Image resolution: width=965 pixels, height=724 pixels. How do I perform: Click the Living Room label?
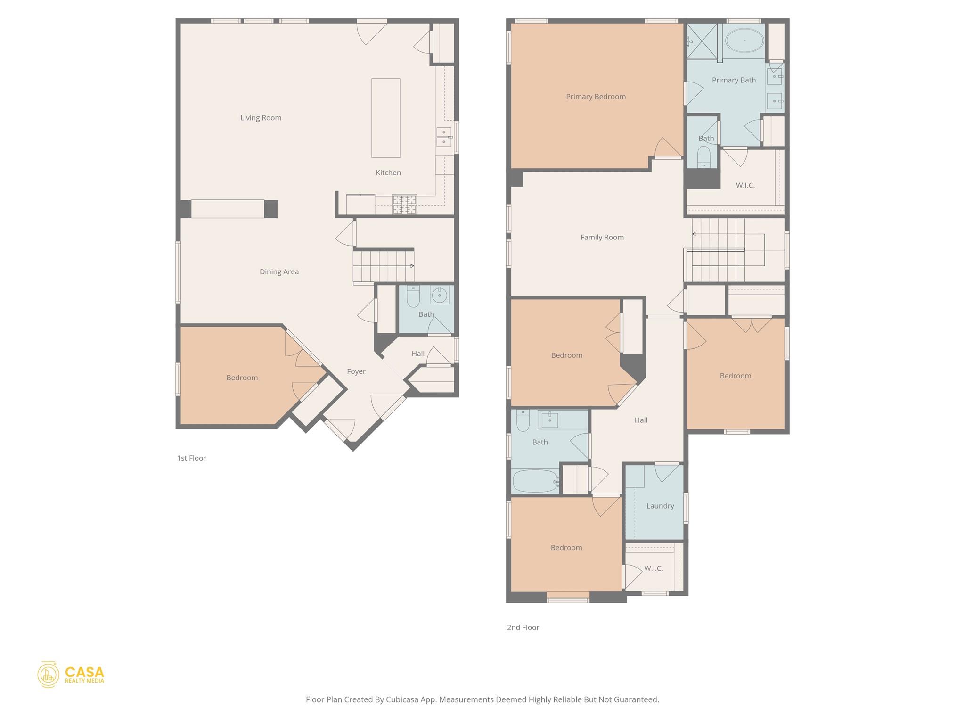(261, 118)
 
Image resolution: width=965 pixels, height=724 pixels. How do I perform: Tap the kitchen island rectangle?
(385, 118)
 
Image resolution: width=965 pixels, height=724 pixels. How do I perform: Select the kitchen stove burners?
(405, 204)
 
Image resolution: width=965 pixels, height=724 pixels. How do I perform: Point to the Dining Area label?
(279, 272)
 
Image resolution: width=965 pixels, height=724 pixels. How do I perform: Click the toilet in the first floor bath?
(413, 296)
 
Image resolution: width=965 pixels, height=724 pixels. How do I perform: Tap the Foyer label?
(356, 371)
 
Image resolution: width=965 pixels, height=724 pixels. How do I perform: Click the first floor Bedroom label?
(242, 378)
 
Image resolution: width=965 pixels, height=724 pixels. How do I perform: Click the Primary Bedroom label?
(596, 97)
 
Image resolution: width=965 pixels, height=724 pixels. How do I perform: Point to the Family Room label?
(602, 237)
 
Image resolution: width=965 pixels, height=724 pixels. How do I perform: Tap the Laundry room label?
(660, 506)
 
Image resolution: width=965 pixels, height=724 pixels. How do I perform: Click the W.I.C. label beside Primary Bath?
(745, 186)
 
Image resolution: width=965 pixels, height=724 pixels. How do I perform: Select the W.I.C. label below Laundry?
(653, 568)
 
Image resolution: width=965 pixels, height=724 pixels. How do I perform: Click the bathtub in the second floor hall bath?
(534, 481)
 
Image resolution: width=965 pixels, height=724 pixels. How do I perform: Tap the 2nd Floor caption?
(523, 627)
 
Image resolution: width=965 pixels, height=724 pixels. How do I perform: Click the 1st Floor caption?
(191, 458)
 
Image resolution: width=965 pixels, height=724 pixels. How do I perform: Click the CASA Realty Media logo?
(71, 675)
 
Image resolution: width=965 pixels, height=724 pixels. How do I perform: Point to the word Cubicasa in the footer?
(403, 699)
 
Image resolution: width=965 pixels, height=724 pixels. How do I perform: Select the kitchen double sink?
(444, 137)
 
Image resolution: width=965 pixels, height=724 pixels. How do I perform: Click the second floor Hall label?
(640, 420)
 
